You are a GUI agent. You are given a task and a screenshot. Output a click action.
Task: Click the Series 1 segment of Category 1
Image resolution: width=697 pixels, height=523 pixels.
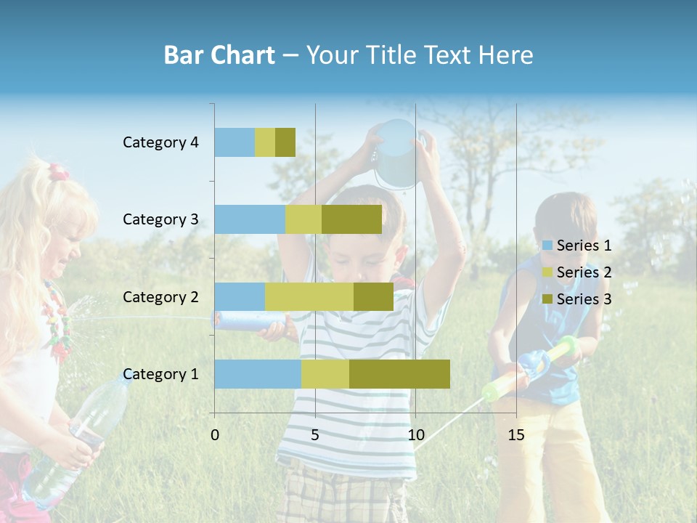tap(258, 373)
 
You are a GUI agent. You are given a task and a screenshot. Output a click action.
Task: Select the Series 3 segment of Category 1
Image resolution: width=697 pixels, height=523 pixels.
tap(399, 373)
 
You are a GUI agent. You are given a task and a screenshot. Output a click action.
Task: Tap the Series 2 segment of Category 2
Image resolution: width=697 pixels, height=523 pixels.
tap(309, 296)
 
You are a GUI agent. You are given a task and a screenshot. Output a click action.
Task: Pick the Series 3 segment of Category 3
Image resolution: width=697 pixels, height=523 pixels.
tap(351, 219)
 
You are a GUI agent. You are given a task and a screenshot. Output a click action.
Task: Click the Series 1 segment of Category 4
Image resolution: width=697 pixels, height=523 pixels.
tap(235, 142)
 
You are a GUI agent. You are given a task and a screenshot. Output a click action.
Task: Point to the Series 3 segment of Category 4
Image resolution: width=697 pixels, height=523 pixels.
tap(285, 142)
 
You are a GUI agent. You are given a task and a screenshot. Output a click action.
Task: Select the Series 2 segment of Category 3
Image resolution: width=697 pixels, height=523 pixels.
tap(303, 219)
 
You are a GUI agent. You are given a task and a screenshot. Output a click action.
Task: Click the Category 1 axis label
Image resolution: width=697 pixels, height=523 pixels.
tap(160, 374)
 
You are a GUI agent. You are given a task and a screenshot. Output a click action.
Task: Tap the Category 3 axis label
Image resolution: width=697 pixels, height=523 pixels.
tap(160, 219)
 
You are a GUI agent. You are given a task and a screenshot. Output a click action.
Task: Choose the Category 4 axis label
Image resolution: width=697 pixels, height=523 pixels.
tap(160, 142)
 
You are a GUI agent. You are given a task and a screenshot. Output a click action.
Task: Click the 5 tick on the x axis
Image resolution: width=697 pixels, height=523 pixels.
tap(315, 435)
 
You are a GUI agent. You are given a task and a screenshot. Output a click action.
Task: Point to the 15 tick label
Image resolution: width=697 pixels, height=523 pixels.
tap(516, 435)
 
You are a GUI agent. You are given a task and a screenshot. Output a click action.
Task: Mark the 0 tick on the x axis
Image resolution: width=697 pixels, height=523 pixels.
tap(215, 435)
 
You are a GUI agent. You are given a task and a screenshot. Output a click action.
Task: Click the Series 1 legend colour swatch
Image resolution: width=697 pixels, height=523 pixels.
tap(547, 246)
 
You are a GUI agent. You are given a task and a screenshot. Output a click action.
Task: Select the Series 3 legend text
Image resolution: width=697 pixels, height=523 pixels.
tap(584, 299)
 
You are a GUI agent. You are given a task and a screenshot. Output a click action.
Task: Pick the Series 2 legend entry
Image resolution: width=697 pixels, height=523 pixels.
tap(578, 272)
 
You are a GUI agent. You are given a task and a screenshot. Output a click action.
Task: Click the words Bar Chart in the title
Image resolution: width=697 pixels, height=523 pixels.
tap(219, 55)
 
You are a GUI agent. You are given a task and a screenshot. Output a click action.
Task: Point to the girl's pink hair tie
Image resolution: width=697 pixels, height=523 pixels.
tap(58, 172)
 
